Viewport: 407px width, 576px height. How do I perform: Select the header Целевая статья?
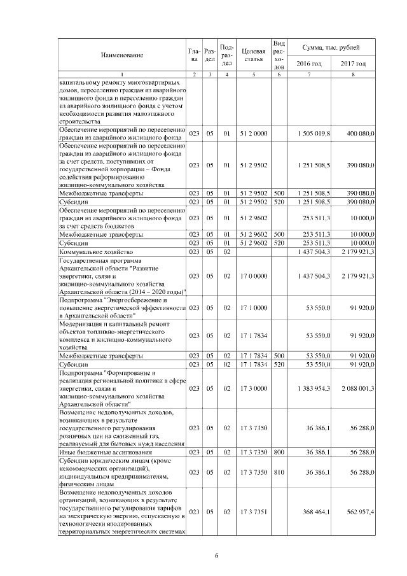tap(253, 55)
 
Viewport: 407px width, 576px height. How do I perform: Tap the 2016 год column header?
tap(310, 64)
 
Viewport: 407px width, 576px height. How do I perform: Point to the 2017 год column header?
tap(353, 64)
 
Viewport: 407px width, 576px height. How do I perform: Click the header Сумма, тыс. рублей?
tap(331, 48)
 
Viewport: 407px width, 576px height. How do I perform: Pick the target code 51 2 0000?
tap(253, 134)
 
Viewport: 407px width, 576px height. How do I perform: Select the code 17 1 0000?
tap(253, 307)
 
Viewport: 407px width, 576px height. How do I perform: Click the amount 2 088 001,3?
tap(356, 387)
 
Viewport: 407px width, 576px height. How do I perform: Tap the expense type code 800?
tap(278, 452)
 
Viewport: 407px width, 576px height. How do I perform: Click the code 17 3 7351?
tap(253, 512)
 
